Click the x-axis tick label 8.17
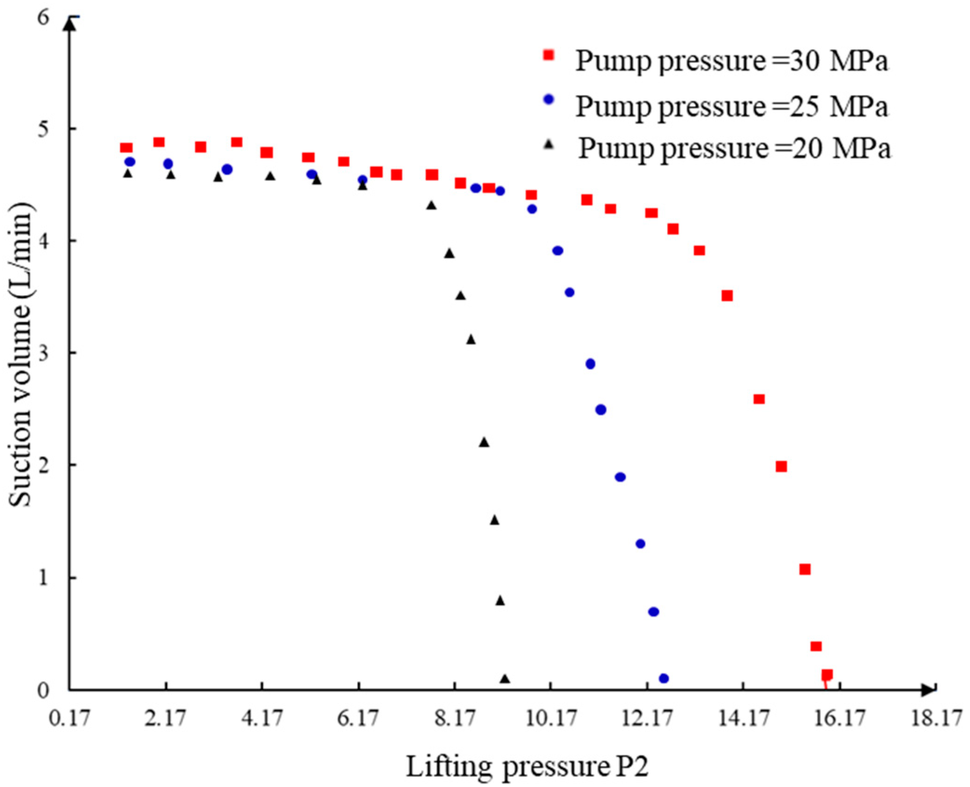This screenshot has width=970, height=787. [x=455, y=719]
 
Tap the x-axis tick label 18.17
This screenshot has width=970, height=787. [x=936, y=719]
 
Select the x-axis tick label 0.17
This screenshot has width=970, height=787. [x=69, y=719]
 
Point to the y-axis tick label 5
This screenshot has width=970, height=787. [x=43, y=129]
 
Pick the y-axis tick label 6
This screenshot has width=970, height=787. [x=43, y=18]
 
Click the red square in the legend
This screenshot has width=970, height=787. [x=549, y=55]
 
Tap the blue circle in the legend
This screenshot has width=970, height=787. [x=549, y=99]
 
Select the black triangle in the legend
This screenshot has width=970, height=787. [x=549, y=144]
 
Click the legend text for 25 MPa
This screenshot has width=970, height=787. [x=732, y=106]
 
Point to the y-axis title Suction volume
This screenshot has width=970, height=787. [x=21, y=354]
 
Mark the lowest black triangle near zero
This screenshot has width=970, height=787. [x=505, y=679]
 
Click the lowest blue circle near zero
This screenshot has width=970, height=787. [x=664, y=679]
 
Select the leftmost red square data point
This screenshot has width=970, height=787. [x=126, y=148]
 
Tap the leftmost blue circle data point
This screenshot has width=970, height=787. [x=130, y=162]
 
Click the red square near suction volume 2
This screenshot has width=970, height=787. [x=781, y=466]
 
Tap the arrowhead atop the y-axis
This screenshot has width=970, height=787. [x=69, y=23]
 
